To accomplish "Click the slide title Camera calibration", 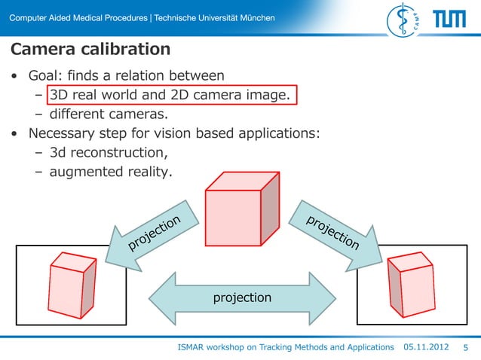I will [x=90, y=50].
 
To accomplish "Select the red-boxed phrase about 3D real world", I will [x=170, y=96].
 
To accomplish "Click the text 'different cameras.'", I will [x=108, y=115].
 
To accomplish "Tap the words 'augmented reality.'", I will [x=111, y=172].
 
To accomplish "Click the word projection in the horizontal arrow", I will [x=242, y=298].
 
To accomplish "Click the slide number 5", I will [x=465, y=347].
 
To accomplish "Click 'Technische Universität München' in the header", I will [x=214, y=18].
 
